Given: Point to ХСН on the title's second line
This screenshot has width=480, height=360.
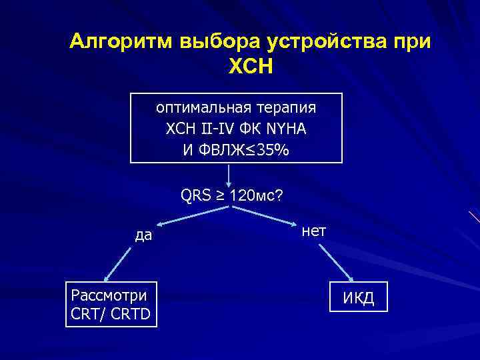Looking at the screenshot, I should pos(251,67).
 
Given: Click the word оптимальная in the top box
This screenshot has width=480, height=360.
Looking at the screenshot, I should pos(197,107).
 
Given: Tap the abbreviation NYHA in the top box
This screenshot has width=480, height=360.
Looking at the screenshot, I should pos(286,128).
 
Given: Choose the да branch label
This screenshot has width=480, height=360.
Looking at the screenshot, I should pos(143,235).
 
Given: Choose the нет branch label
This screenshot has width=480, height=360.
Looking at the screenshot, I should pos(314,231).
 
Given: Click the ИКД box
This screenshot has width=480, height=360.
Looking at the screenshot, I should pos(358,299).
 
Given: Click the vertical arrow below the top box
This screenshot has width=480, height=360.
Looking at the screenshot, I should pos(229,177).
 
